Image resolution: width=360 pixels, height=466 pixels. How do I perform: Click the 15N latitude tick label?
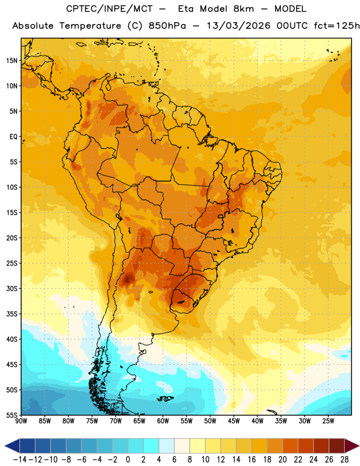tap(12, 61)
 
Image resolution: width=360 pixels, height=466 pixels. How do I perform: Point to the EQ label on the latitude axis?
tap(13, 137)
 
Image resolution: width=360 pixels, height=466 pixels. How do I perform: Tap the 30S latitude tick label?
tap(12, 288)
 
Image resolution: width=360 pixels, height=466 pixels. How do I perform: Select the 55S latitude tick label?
tap(12, 415)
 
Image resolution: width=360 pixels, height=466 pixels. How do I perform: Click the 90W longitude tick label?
tap(21, 421)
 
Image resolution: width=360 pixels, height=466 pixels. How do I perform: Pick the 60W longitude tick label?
tap(163, 421)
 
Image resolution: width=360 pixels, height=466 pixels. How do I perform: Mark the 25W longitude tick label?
tap(328, 421)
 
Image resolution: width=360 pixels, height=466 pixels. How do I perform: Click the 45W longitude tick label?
tap(234, 421)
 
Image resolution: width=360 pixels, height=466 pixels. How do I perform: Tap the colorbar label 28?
tap(344, 460)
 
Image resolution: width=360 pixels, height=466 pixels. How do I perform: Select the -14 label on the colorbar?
tap(20, 460)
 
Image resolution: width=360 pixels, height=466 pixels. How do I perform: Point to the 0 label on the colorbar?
tap(128, 460)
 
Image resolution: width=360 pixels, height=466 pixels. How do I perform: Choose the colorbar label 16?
tap(252, 460)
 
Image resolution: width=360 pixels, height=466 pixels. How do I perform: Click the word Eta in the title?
tap(186, 9)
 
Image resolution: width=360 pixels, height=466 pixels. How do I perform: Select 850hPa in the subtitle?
tap(167, 26)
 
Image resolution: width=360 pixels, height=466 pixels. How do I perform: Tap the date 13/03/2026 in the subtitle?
tap(239, 26)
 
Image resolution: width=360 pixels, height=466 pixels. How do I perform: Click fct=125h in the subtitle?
tap(337, 26)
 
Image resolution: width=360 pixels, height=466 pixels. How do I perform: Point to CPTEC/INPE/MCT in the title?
tap(110, 9)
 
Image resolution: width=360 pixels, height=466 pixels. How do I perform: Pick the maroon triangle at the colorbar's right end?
tap(352, 446)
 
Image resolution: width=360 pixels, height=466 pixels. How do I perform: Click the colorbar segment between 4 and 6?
tap(167, 446)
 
